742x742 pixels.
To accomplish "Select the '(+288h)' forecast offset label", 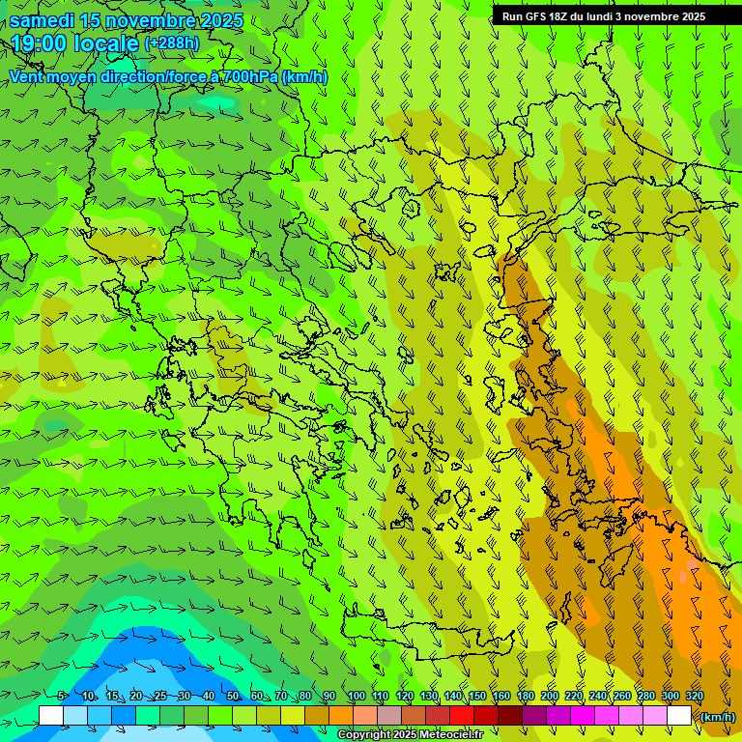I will (172, 43).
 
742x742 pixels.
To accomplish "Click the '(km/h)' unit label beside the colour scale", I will (717, 716).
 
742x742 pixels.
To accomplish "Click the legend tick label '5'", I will (62, 696).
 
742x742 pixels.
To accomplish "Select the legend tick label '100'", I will (357, 696).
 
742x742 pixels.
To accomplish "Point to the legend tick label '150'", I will (477, 696).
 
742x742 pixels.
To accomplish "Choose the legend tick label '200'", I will (550, 696).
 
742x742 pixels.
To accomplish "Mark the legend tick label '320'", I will (695, 696).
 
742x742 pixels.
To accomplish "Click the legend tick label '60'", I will (257, 696).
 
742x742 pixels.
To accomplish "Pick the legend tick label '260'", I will (622, 696).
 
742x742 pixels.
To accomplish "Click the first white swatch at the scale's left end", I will (51, 716).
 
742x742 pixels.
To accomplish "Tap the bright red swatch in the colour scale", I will (462, 716).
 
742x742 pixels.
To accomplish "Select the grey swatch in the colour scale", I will (389, 716).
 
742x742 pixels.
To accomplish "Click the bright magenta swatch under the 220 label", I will (583, 716).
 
